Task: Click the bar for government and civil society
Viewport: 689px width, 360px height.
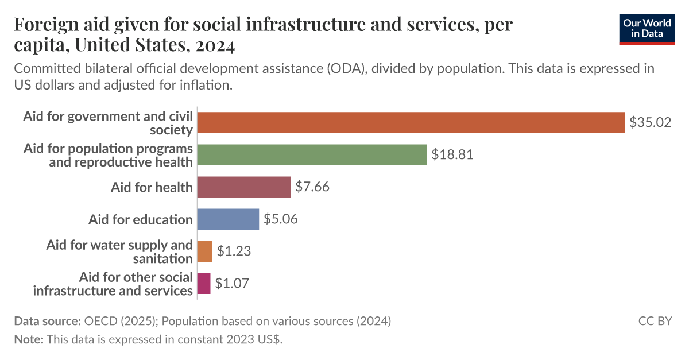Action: [x=411, y=122]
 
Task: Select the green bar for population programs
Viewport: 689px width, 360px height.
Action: [x=312, y=154]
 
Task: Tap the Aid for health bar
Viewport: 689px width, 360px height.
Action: [x=244, y=187]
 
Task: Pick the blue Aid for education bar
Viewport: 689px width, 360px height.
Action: [x=228, y=219]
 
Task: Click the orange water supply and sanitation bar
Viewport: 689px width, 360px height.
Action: [x=204, y=251]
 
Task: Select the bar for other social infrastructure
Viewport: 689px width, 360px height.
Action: [x=204, y=284]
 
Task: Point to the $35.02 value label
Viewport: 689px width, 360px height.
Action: [x=650, y=122]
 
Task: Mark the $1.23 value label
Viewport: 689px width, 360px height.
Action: [x=234, y=251]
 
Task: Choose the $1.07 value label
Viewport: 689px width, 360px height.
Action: [x=232, y=284]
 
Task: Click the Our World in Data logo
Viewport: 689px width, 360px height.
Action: [x=647, y=28]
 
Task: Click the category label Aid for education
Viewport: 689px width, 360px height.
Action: [x=140, y=219]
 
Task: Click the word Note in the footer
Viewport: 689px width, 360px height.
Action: [x=27, y=339]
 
